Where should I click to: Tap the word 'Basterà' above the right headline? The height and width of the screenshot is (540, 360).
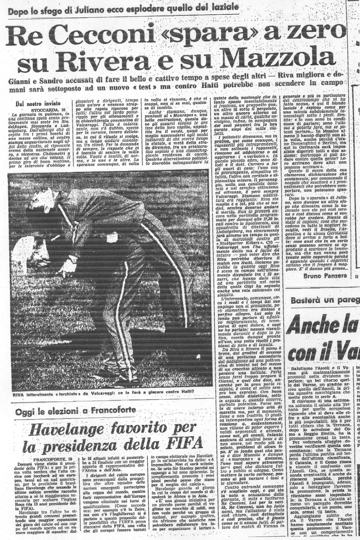tap(306, 300)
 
